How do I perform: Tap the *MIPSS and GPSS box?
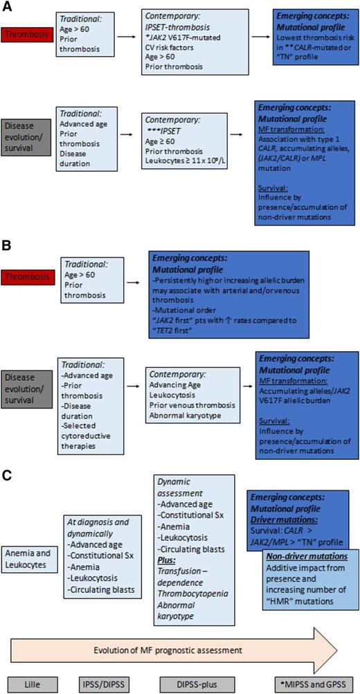pos(309,681)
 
